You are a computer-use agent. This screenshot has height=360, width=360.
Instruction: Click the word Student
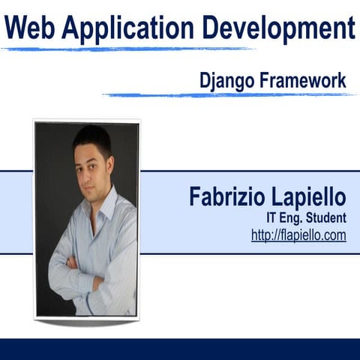(323, 219)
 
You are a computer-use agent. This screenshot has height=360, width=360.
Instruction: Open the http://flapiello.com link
(298, 235)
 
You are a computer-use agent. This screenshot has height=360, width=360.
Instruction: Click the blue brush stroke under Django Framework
(225, 94)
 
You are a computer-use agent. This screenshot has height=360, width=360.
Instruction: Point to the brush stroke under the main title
(127, 49)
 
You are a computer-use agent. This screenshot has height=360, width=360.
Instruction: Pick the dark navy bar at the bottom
(180, 349)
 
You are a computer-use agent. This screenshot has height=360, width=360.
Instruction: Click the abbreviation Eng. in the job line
(293, 219)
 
